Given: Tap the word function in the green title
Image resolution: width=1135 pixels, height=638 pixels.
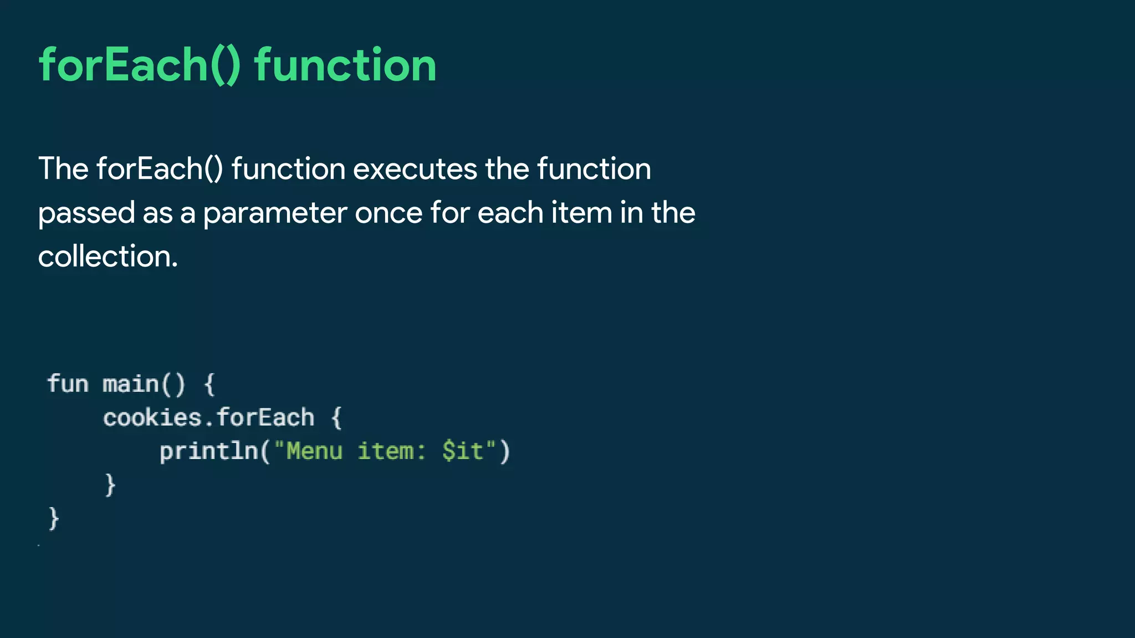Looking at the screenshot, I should point(345,65).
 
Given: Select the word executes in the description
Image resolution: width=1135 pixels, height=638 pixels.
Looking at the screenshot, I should point(415,169).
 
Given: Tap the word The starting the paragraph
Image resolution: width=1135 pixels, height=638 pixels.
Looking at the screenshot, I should point(63,169).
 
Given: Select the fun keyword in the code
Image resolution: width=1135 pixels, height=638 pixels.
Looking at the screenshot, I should point(68,384).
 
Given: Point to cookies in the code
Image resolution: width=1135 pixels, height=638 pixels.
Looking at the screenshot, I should point(152,418).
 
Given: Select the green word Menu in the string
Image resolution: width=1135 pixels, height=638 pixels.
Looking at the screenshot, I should point(314,451).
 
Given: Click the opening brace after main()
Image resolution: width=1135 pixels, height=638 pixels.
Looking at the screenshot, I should point(209,384).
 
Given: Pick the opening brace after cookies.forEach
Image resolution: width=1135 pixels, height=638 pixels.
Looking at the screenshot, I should point(336,418).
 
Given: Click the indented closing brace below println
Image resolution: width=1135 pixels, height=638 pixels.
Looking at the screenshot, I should point(110,485).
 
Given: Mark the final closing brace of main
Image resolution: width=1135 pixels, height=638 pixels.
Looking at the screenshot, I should point(54,519).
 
